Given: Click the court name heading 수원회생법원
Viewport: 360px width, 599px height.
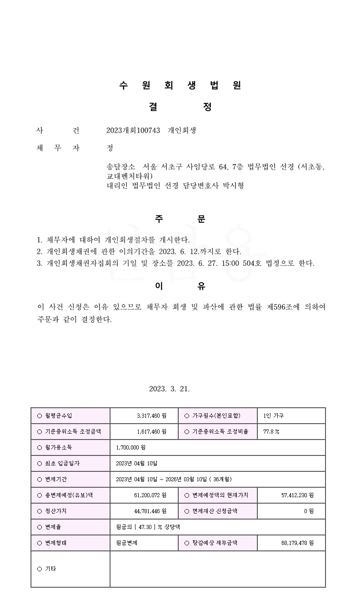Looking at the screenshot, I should coord(180,85).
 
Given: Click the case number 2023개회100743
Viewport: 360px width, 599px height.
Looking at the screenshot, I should coord(133,130).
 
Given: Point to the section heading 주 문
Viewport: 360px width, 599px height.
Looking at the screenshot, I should coord(180,219).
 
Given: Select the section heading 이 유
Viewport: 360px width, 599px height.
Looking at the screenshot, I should coord(180,286).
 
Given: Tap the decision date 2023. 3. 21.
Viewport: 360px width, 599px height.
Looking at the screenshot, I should coord(169,389).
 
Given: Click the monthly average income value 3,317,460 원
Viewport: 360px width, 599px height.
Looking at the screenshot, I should coord(151,416).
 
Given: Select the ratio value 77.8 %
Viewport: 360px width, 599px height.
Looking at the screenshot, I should coord(271,432).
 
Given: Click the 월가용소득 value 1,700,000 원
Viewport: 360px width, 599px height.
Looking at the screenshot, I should coord(131,448).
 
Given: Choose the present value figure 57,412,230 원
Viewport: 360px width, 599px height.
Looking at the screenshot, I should coord(297,495).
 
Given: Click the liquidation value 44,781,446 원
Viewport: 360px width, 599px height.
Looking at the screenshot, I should coord(150,511).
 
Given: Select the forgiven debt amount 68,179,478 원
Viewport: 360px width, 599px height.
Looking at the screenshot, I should coord(297,543).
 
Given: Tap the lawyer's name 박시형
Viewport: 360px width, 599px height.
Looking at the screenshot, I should coord(232,185).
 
